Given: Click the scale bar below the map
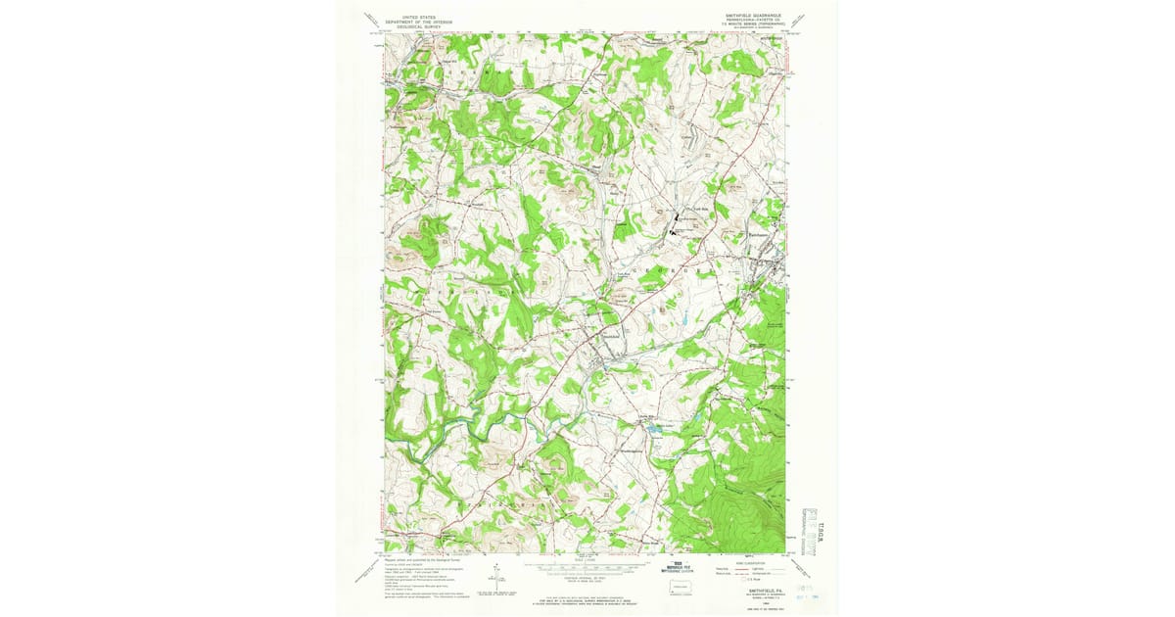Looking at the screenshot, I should tap(587, 565).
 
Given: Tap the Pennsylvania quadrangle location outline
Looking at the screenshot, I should tap(678, 586).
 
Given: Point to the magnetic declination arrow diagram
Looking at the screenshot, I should tap(496, 574).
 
